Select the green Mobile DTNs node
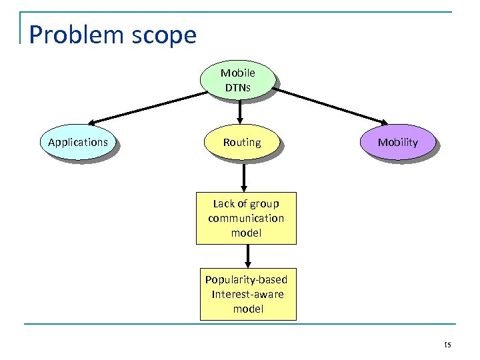(x=238, y=81)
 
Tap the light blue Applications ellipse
(x=78, y=142)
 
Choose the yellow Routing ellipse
(x=242, y=142)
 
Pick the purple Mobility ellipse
(x=397, y=142)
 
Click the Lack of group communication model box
(x=245, y=218)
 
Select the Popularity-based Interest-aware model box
(x=247, y=294)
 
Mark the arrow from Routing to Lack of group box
(x=244, y=177)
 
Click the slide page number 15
(x=447, y=345)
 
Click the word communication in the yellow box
(x=245, y=218)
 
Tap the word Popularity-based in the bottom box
(x=246, y=279)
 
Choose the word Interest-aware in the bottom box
(x=247, y=294)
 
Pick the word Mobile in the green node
(x=238, y=72)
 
